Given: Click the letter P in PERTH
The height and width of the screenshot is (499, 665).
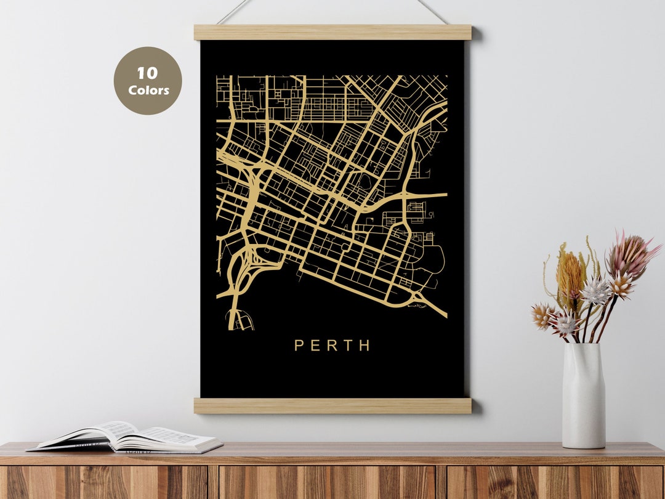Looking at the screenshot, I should pyautogui.click(x=299, y=346).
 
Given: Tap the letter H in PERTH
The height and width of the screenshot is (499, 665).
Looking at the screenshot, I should pyautogui.click(x=365, y=346).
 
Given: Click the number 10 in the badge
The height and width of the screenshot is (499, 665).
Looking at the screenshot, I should pyautogui.click(x=147, y=74).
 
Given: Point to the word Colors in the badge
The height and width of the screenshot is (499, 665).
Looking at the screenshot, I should pyautogui.click(x=148, y=90).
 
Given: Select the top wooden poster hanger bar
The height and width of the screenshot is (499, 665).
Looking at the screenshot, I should pyautogui.click(x=332, y=32).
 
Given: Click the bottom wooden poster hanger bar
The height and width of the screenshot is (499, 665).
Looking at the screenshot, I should pyautogui.click(x=332, y=405).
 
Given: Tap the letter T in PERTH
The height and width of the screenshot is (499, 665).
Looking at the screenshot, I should pyautogui.click(x=349, y=346).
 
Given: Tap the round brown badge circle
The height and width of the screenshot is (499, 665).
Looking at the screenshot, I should pyautogui.click(x=148, y=81).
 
